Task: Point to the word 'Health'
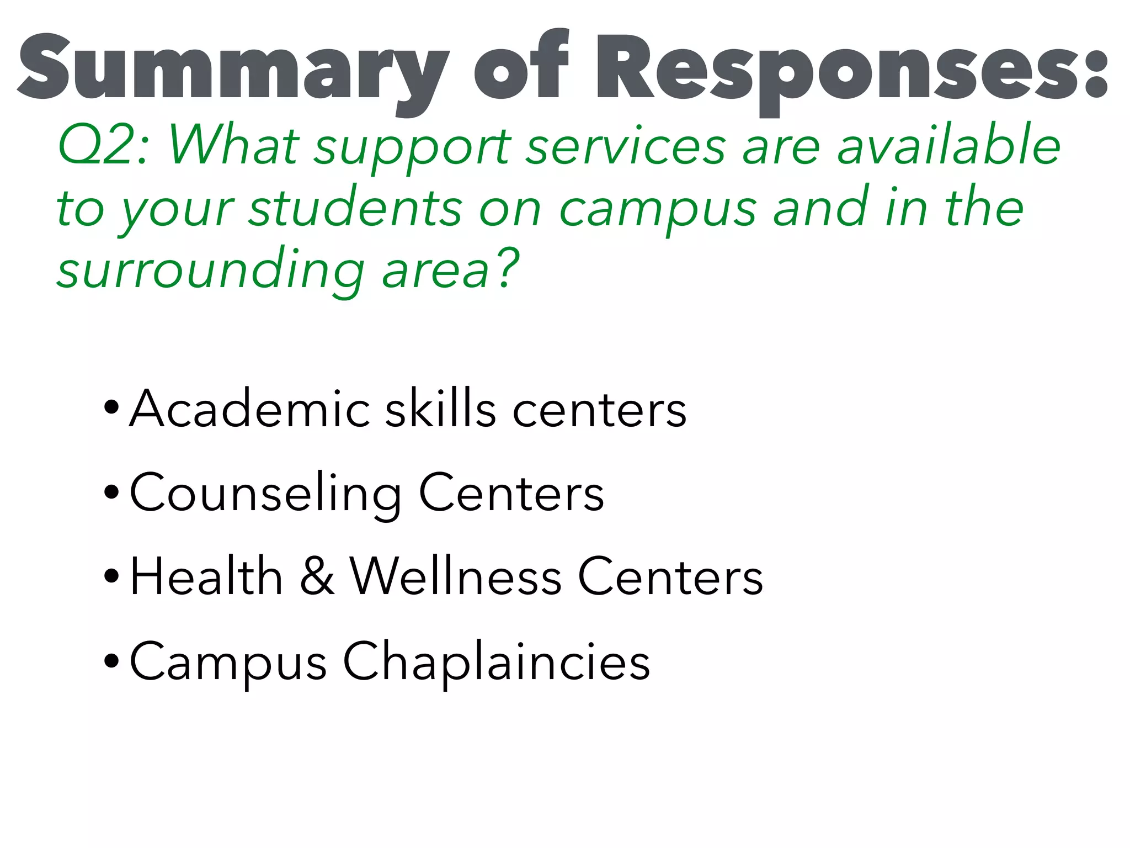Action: (206, 577)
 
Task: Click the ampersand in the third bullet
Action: (318, 577)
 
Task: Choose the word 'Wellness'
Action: (456, 577)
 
